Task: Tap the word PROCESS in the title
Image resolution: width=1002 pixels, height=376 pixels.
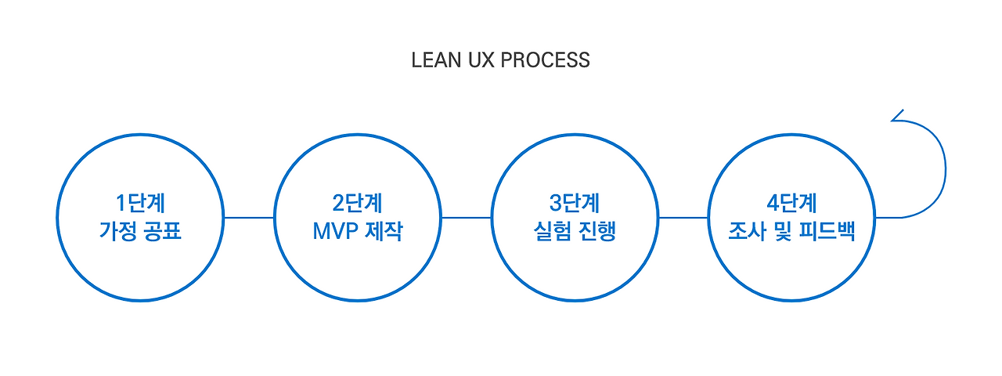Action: (x=546, y=60)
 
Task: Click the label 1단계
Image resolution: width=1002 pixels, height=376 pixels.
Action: (x=140, y=203)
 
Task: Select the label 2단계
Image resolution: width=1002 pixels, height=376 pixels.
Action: (x=357, y=203)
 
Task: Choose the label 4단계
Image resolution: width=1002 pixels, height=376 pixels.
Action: (x=791, y=203)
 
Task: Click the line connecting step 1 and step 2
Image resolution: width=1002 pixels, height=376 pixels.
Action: (x=249, y=218)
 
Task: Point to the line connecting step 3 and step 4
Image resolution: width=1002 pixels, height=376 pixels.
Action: (x=683, y=218)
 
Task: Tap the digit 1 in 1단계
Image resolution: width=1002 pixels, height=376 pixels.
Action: (x=121, y=203)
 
